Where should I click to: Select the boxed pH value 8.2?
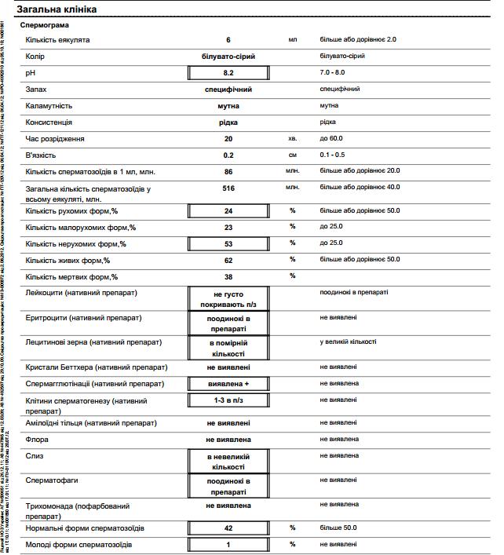click(x=228, y=73)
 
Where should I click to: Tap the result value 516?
click(x=228, y=188)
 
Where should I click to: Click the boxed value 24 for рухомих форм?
click(x=228, y=211)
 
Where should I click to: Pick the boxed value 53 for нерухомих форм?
click(x=228, y=244)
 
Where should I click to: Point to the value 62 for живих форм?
click(x=228, y=260)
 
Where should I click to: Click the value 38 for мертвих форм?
click(x=228, y=276)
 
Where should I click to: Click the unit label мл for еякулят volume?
click(x=292, y=39)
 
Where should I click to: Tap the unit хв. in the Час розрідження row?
click(x=292, y=139)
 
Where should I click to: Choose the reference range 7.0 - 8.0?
click(x=337, y=72)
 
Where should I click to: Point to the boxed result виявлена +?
click(x=228, y=384)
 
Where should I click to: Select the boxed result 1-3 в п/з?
click(x=228, y=400)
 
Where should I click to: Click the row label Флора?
click(x=38, y=440)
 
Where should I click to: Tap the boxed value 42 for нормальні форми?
click(x=228, y=528)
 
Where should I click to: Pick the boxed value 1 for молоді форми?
click(x=228, y=545)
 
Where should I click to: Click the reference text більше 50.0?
click(x=338, y=528)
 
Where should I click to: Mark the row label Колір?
click(x=36, y=57)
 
